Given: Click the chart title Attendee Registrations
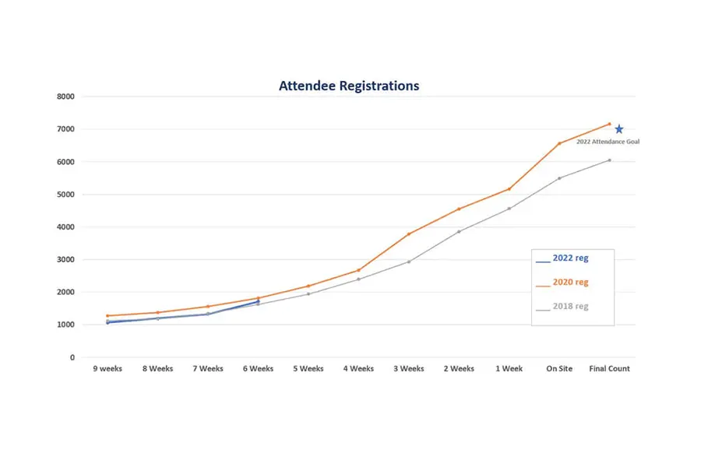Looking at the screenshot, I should pyautogui.click(x=349, y=86).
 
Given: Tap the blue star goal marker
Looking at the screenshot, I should pyautogui.click(x=619, y=129).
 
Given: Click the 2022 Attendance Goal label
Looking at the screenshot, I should pyautogui.click(x=608, y=142).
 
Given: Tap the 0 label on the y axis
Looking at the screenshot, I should pyautogui.click(x=72, y=357).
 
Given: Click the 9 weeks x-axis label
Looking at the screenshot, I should pyautogui.click(x=107, y=369).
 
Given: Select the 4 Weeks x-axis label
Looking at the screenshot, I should pyautogui.click(x=358, y=369).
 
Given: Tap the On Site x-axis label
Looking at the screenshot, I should pyautogui.click(x=559, y=369).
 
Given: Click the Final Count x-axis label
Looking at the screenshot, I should pyautogui.click(x=609, y=369).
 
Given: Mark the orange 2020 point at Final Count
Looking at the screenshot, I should pyautogui.click(x=610, y=124).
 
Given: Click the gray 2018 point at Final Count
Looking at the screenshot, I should pyautogui.click(x=610, y=160).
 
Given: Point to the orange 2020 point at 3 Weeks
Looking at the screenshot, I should pyautogui.click(x=409, y=234).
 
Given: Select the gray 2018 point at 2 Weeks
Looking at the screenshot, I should pyautogui.click(x=459, y=231).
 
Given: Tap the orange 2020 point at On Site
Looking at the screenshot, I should pyautogui.click(x=559, y=143).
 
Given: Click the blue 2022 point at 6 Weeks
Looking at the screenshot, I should pyautogui.click(x=258, y=301).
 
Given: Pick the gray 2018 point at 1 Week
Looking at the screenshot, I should pyautogui.click(x=509, y=209).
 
